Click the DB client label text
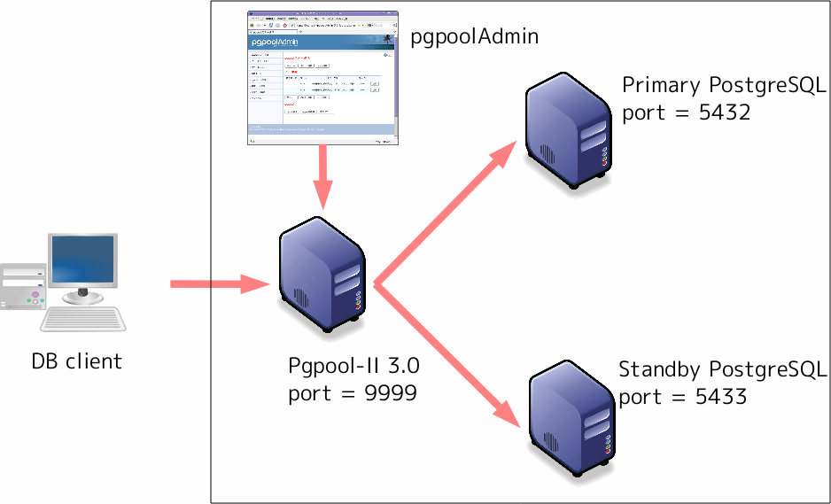(76, 361)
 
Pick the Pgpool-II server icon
(322, 277)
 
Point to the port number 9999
(390, 393)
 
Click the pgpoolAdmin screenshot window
(322, 78)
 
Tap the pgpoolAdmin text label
(475, 37)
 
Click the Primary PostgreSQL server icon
(566, 134)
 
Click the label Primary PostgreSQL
(724, 85)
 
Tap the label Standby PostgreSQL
(722, 368)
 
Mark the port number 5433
(718, 397)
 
